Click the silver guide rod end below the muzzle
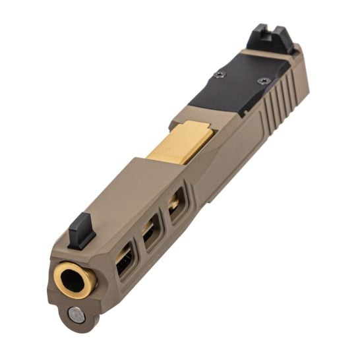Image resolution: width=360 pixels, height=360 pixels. tap(76, 315)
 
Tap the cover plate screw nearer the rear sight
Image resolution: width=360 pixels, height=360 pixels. tap(264, 82)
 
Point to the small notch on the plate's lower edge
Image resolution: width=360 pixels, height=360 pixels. tap(246, 112)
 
